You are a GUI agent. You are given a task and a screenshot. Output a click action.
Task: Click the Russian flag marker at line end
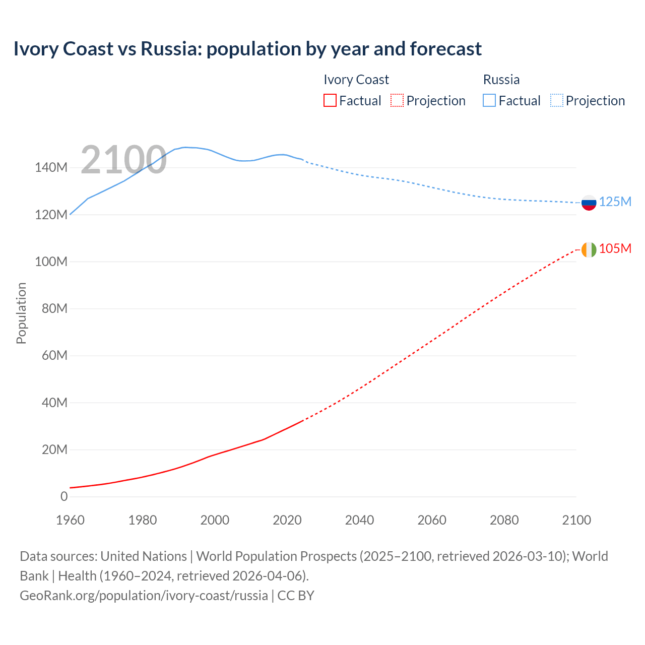tap(589, 203)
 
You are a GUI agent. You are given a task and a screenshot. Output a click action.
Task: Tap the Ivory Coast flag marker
tap(589, 249)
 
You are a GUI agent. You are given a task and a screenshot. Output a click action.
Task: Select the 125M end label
tap(615, 202)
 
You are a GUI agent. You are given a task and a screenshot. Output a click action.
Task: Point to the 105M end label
tap(615, 248)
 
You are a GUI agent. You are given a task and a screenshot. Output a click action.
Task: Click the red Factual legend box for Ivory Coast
tap(330, 101)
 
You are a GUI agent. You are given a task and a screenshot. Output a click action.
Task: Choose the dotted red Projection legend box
tap(397, 101)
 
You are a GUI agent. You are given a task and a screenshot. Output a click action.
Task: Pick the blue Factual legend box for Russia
tap(489, 101)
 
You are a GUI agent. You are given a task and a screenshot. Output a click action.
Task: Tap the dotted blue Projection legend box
tap(556, 101)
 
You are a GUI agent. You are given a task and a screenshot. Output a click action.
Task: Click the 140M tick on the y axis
tap(51, 168)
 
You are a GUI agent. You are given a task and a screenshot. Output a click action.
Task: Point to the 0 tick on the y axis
tap(64, 496)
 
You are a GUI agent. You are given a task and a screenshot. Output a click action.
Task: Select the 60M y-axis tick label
tap(54, 356)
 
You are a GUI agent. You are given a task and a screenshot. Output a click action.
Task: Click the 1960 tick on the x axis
tap(70, 520)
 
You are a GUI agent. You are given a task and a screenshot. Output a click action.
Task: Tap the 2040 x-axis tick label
tap(359, 520)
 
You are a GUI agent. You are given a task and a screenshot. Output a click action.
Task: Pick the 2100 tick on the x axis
tap(576, 520)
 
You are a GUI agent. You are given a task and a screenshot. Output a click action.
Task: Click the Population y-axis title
tap(21, 313)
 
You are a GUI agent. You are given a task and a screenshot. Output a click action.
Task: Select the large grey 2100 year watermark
tap(123, 160)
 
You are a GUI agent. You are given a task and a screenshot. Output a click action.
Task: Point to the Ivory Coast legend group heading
tap(356, 80)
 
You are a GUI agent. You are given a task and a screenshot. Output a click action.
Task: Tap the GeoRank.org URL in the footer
tap(144, 596)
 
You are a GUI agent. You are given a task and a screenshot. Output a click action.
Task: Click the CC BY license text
tap(296, 596)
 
